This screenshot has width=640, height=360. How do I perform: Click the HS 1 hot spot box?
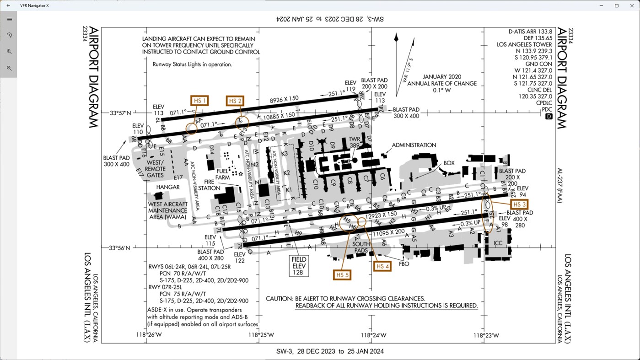pos(199,101)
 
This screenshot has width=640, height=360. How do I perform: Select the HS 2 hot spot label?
pos(235,101)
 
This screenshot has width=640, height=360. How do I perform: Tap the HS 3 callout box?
pos(520,204)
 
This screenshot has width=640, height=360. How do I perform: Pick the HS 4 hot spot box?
pos(382,266)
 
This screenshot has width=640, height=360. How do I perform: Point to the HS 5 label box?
pos(343,274)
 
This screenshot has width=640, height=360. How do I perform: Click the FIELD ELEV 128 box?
pos(299,266)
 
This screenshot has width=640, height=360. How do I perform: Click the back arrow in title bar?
pos(8,5)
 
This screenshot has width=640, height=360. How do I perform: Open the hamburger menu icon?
pos(9,20)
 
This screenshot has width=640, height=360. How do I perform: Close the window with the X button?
pos(632,5)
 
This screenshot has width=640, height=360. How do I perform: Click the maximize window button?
pos(616,5)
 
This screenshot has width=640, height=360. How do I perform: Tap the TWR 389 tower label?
pos(355,141)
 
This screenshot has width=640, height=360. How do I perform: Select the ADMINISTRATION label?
pos(414,145)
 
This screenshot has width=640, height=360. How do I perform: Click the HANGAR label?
pos(168,187)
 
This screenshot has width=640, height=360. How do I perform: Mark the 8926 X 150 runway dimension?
pos(284,99)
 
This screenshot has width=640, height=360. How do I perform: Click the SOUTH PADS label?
pos(361,247)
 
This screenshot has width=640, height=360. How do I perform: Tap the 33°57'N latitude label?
pos(120,113)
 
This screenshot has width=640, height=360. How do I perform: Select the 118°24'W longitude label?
pos(374,335)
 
